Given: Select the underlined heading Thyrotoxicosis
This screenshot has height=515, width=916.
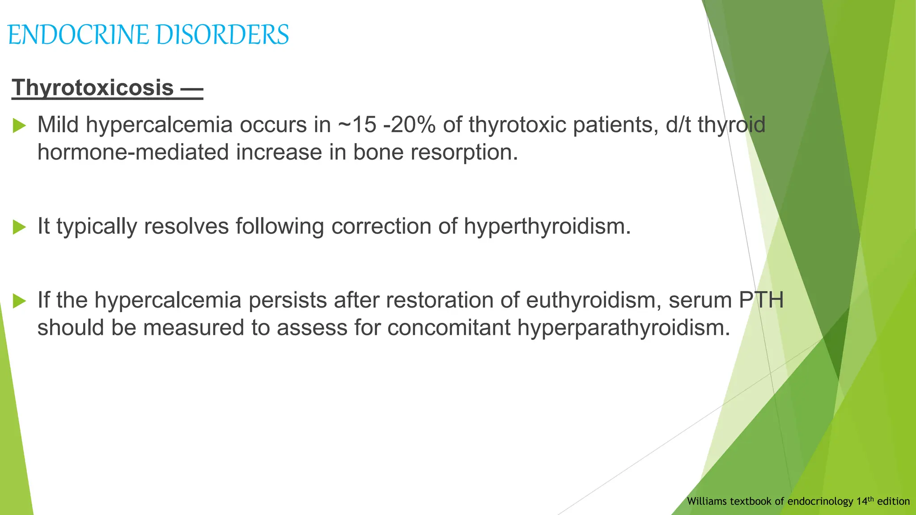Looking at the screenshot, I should (93, 87).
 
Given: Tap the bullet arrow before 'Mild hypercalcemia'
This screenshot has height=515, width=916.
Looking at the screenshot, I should (19, 125).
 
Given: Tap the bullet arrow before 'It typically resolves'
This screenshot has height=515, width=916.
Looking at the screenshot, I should (19, 227).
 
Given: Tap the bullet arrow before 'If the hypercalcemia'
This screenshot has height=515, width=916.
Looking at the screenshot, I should (19, 300).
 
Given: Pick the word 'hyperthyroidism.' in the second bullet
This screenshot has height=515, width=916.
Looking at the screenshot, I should (547, 227).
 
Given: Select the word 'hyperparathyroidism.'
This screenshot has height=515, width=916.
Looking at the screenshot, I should (623, 328).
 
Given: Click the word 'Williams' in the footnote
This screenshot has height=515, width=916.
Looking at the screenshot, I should (707, 502).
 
